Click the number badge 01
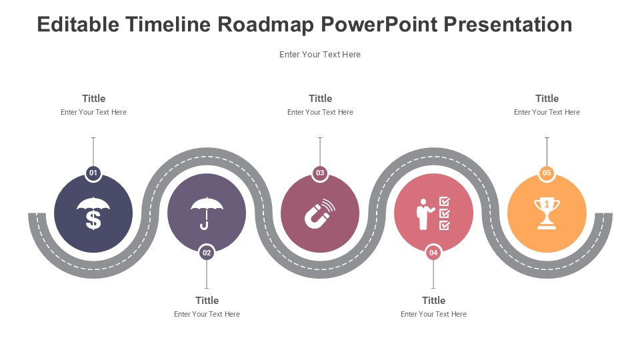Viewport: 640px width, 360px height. click(93, 173)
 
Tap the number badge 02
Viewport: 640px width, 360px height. click(207, 253)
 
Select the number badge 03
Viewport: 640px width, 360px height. click(320, 173)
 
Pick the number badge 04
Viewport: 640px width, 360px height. click(433, 253)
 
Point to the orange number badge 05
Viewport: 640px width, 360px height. click(547, 173)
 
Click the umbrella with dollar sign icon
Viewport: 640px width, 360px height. click(93, 213)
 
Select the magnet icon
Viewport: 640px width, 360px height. click(320, 213)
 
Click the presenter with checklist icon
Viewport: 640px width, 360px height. click(433, 213)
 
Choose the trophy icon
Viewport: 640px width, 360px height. click(547, 213)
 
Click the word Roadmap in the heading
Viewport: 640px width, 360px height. click(266, 25)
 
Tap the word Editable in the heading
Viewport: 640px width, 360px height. click(79, 24)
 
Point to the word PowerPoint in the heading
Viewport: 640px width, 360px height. click(379, 24)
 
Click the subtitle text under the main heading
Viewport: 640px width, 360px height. click(320, 54)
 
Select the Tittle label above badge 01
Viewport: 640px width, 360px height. click(93, 99)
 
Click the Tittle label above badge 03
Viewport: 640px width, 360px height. click(321, 99)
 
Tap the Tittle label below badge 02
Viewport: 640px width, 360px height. click(207, 301)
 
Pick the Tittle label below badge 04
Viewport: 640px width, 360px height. click(433, 301)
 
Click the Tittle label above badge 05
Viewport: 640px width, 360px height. click(547, 99)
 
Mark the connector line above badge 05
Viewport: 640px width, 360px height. click(547, 151)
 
